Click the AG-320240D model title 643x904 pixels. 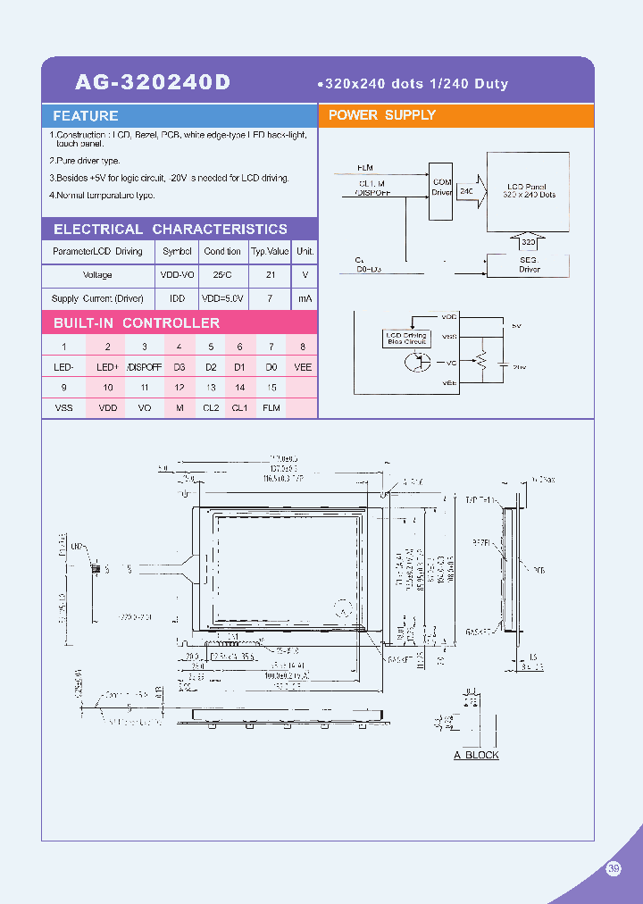click(x=153, y=82)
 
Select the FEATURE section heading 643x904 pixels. click(x=86, y=116)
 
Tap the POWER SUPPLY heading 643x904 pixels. click(x=381, y=115)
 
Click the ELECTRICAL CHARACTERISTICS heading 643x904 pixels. click(x=170, y=230)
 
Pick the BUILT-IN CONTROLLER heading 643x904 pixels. click(x=136, y=322)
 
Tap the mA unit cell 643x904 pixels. click(x=305, y=298)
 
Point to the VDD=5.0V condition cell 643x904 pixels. click(x=222, y=298)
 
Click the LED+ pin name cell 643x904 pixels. click(x=107, y=367)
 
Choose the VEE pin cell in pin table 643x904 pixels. click(x=303, y=367)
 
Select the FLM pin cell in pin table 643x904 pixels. click(x=271, y=408)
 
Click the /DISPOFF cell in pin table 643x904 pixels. click(x=144, y=367)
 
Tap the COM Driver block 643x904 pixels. click(x=441, y=187)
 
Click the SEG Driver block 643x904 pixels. click(x=529, y=264)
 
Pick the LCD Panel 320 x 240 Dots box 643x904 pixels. click(x=529, y=189)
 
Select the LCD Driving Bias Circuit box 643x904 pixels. click(x=405, y=338)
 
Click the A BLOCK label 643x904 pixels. click(x=476, y=755)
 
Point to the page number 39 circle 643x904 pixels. click(x=614, y=867)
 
